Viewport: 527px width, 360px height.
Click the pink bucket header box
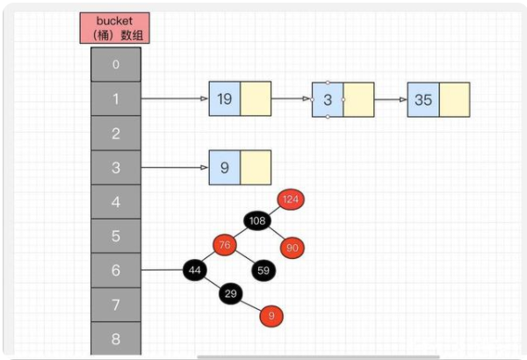(115, 28)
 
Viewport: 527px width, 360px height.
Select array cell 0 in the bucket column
(115, 64)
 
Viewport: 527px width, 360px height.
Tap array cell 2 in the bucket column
(115, 133)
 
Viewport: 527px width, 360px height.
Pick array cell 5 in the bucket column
(115, 236)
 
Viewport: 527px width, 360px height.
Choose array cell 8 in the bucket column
(115, 338)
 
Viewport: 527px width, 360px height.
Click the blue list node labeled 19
(224, 99)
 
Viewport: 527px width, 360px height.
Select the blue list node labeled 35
(422, 99)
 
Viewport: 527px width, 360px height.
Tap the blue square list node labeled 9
(224, 167)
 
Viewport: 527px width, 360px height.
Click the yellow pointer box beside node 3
(358, 99)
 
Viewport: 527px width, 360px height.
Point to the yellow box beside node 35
(454, 99)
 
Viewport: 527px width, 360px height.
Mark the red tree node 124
(291, 199)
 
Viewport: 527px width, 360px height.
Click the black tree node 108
(257, 220)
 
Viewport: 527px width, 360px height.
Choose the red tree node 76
(225, 245)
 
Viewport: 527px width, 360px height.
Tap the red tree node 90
(292, 248)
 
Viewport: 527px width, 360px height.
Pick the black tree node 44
(195, 270)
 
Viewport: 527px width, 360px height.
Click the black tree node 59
(263, 270)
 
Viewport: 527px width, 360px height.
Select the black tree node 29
(230, 293)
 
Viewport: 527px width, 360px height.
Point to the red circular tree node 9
(271, 314)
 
